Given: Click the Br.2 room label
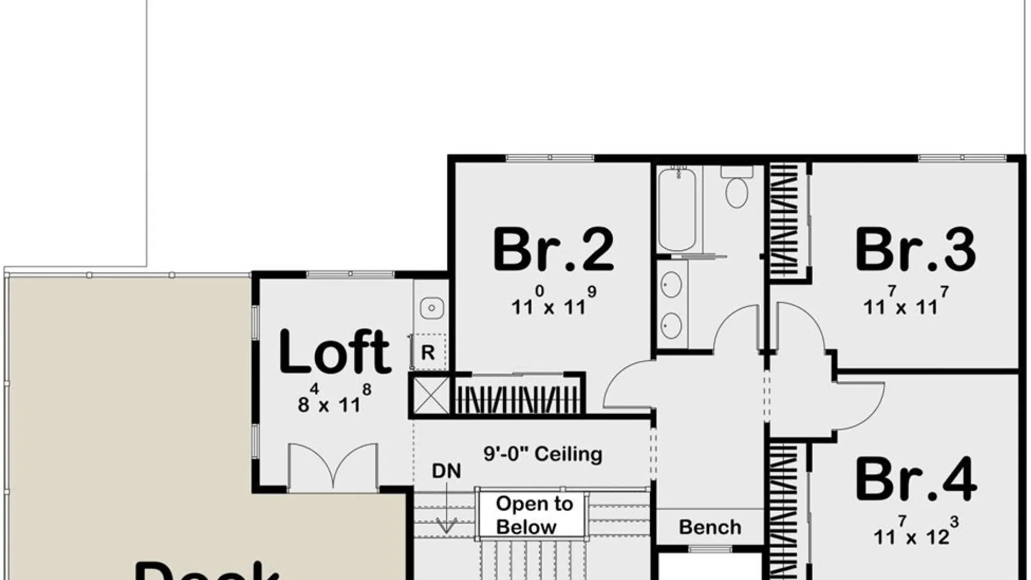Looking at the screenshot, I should click(553, 250).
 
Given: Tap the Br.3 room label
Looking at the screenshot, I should click(915, 250).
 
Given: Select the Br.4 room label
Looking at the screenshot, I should click(915, 479).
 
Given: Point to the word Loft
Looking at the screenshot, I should click(335, 352).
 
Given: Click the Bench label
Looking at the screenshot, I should click(710, 527).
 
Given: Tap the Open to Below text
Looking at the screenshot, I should click(534, 515).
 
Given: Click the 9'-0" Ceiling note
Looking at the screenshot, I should click(543, 454).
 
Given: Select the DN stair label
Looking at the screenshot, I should click(446, 471).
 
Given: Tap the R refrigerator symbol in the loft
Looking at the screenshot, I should click(428, 352).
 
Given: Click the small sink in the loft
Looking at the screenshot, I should click(431, 308).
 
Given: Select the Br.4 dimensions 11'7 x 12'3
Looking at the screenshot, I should click(915, 531).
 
